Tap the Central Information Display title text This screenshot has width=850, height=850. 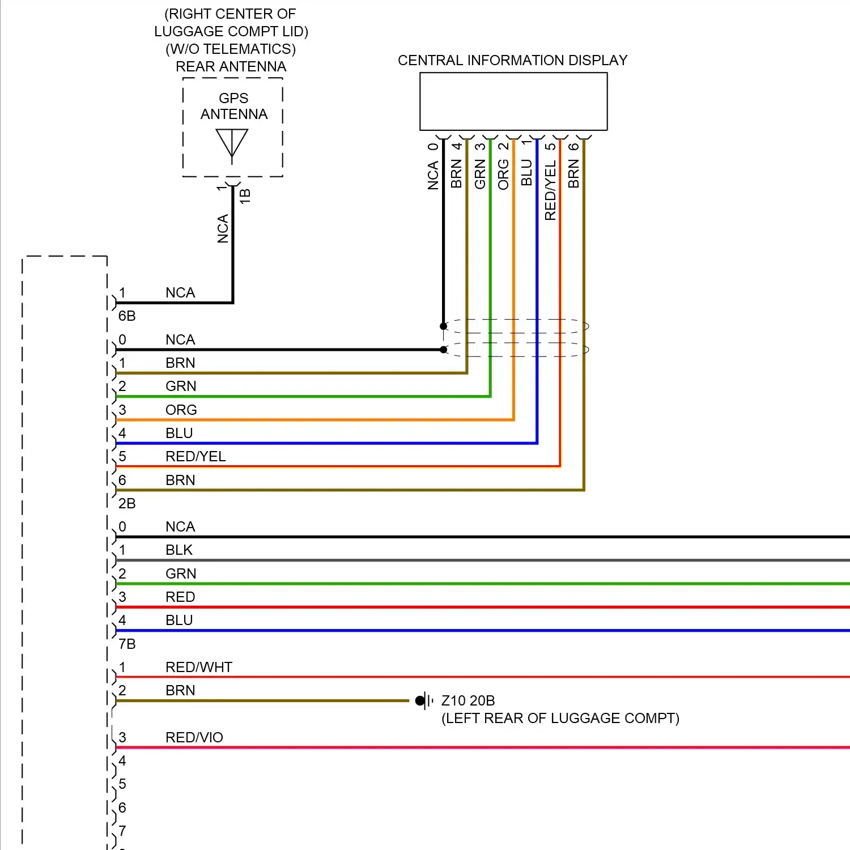[x=512, y=61]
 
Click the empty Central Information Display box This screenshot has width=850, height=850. [x=513, y=102]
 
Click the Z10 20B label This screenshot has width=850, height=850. [x=468, y=701]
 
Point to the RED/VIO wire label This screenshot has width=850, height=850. [x=194, y=737]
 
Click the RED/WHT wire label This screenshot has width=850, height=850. [x=199, y=667]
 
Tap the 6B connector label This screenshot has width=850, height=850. [x=127, y=316]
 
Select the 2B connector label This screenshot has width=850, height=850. [x=127, y=503]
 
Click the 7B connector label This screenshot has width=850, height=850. [x=127, y=644]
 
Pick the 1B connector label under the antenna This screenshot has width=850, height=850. [x=245, y=196]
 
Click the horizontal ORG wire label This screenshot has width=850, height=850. [x=181, y=410]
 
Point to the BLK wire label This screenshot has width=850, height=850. [x=179, y=550]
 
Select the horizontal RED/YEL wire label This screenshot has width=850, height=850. [x=195, y=456]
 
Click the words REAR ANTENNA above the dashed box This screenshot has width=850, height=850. [x=231, y=67]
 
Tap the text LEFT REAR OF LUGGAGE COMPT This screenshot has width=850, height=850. [x=560, y=719]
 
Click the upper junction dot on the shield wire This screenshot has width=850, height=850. [x=444, y=326]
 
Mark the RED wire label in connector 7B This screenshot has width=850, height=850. [x=180, y=597]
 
